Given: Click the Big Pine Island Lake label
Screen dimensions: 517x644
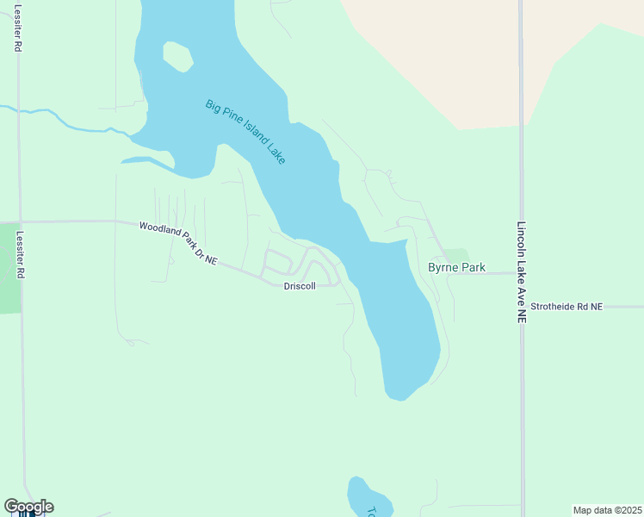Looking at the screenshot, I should (245, 132).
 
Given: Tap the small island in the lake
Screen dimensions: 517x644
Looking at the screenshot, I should (177, 57).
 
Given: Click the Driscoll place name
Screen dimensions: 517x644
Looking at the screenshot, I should (300, 285).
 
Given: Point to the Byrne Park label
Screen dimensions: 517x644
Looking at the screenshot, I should (456, 268).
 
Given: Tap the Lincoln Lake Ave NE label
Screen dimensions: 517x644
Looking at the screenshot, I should (521, 272).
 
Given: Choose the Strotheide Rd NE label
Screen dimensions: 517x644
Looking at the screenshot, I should (567, 306).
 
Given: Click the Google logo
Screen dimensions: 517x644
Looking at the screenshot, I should (28, 506).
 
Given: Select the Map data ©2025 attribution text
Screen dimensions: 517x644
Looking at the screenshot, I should (606, 509).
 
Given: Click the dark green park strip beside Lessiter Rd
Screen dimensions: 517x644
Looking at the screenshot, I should (9, 267).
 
